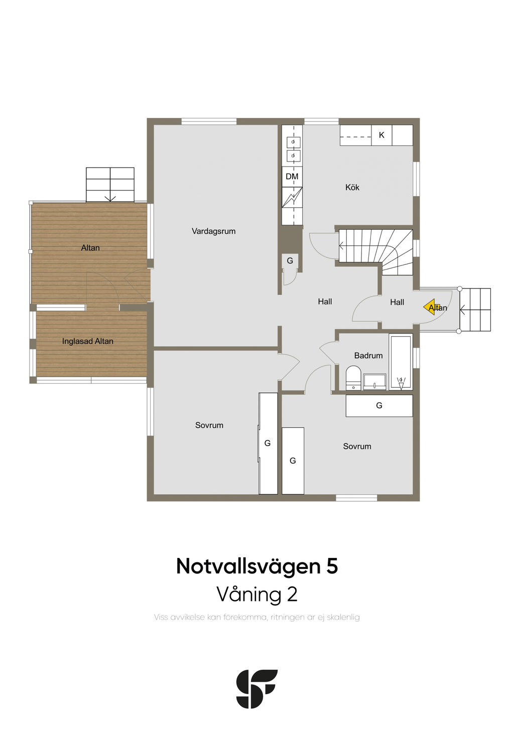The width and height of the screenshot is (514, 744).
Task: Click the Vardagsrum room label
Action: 213,231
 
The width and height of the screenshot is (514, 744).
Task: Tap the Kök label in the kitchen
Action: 352,187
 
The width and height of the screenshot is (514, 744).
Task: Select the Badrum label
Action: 368,356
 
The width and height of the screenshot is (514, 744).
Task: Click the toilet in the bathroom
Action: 353,378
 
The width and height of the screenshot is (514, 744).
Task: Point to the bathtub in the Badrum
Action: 401,362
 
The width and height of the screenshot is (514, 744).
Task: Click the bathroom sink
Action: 374,382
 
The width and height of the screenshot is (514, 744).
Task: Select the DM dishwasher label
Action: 292,177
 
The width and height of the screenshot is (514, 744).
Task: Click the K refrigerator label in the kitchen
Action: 381,135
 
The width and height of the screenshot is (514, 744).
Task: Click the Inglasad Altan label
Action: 88,341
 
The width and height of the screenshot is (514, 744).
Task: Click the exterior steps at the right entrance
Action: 475,310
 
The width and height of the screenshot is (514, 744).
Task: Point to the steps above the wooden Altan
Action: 110,185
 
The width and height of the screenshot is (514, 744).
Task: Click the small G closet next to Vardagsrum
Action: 290,261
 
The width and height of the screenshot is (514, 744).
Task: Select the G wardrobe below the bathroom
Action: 379,405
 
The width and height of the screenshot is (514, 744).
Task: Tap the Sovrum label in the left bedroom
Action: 209,425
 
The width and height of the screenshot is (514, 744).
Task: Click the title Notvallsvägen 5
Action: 257,566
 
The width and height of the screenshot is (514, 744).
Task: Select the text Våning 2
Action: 257,594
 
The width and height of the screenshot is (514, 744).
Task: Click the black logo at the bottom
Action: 257,689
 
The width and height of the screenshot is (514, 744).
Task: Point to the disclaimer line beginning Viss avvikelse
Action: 257,617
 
